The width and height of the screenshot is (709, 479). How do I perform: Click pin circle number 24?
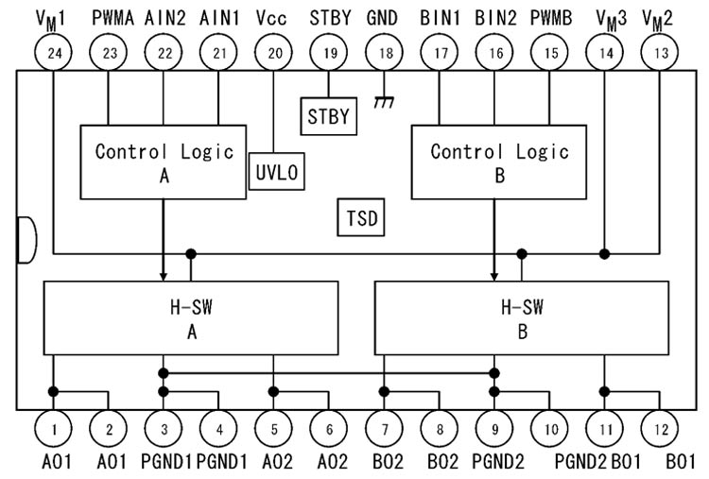coord(54,54)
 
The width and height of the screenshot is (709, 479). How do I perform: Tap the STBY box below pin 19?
coord(329,116)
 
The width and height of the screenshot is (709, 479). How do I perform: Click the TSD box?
coord(360,219)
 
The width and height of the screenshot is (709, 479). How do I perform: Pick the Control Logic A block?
coord(164,161)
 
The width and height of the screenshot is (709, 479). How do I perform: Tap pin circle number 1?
coord(54,429)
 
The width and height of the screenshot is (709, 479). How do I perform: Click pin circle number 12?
coord(660,429)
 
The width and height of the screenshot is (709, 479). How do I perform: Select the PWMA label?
coord(112,17)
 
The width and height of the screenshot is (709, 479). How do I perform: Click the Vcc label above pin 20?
coord(274,17)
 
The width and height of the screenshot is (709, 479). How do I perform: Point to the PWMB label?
coord(550,17)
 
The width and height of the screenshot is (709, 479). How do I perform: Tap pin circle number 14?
coord(605,54)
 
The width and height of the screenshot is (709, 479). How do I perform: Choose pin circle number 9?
coord(494,429)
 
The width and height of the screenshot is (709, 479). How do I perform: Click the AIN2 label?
coord(165,17)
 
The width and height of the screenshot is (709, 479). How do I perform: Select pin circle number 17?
coord(440,54)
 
